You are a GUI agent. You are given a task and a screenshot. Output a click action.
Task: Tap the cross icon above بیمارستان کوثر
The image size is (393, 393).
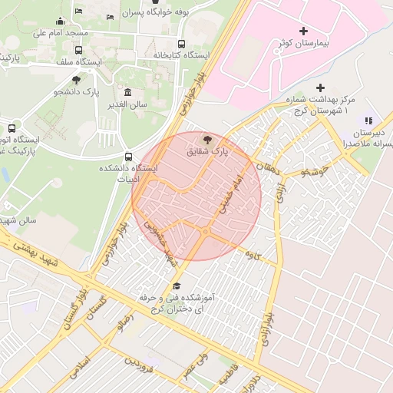pos(303,31)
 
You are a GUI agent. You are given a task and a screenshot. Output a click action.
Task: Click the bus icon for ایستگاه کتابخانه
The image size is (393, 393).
pos(181,44)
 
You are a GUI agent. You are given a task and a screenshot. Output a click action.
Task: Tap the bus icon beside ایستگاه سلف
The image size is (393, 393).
pos(78,51)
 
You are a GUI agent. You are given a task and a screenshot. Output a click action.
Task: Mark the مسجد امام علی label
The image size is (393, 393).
pos(62,34)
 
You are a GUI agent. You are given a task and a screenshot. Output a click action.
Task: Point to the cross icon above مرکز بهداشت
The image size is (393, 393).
pos(321,88)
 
